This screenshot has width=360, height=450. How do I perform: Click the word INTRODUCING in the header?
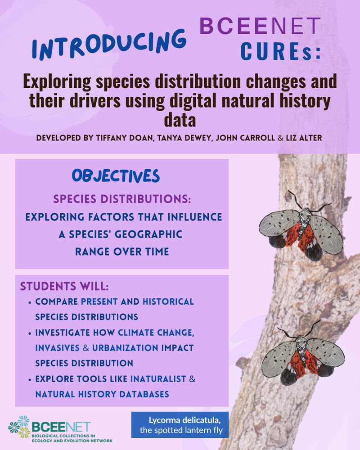(109, 45)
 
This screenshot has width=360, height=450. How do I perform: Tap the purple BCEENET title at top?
(260, 26)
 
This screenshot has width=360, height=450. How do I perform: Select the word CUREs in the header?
(280, 52)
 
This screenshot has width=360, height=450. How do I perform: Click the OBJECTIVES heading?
(116, 176)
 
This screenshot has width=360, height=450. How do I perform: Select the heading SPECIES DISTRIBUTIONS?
(122, 199)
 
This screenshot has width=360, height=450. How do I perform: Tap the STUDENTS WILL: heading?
(64, 286)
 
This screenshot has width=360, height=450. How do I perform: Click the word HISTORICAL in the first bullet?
(168, 301)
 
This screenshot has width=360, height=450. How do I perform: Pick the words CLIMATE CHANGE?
(156, 333)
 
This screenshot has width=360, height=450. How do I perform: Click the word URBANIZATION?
(125, 348)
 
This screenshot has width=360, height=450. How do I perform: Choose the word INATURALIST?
(158, 379)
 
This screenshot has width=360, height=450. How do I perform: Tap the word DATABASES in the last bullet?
(144, 394)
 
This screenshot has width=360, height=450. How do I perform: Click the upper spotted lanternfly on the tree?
(301, 227)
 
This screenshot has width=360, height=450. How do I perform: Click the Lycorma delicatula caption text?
(181, 425)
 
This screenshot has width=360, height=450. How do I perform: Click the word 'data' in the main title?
(180, 120)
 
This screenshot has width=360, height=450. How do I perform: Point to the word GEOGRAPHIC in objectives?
(148, 234)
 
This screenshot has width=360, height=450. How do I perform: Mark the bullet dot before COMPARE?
(30, 302)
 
